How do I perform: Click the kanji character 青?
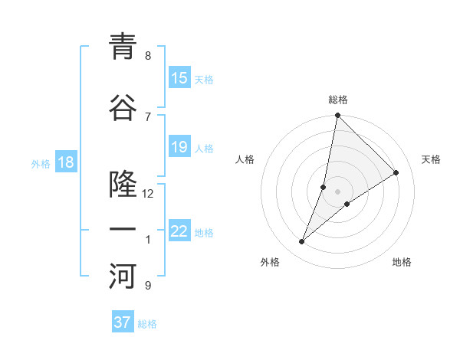tap(123, 47)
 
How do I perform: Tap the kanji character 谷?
tap(123, 108)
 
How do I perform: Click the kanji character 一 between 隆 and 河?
tap(123, 231)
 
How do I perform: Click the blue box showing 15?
tap(179, 78)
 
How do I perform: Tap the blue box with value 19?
tap(179, 147)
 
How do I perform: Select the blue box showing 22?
tap(179, 231)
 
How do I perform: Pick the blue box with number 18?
tap(65, 162)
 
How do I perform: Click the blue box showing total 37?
tap(122, 322)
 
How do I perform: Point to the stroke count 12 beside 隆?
tap(148, 194)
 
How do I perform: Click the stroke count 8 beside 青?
tap(148, 56)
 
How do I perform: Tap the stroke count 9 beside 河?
tap(148, 286)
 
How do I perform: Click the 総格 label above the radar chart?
tap(338, 100)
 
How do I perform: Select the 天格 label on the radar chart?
tap(431, 159)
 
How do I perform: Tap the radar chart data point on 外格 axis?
tap(302, 242)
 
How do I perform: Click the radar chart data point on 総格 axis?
tap(338, 116)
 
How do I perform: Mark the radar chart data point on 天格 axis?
tap(396, 172)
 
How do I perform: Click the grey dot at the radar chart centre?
tap(338, 191)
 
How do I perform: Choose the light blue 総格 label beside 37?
tap(147, 324)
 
